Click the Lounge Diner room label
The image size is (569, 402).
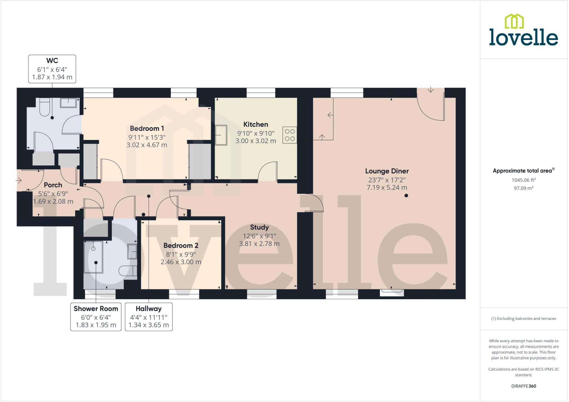[387, 171]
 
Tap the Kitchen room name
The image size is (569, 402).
[256, 124]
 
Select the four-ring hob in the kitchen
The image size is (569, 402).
[290, 135]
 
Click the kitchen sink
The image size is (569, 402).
[221, 135]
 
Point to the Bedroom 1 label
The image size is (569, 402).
[147, 128]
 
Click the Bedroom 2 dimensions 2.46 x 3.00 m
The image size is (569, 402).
[181, 262]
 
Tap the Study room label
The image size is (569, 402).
[259, 227]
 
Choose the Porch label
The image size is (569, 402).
[53, 185]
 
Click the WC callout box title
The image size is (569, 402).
[52, 60]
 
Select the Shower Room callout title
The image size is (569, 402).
[96, 309]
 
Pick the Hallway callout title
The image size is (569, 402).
[149, 309]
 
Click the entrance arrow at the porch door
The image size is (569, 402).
[19, 181]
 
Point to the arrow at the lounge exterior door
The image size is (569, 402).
[430, 90]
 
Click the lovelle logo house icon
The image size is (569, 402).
[514, 21]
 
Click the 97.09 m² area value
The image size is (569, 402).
[523, 188]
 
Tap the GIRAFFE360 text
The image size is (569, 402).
[523, 386]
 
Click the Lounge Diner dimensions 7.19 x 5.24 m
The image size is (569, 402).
[387, 188]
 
